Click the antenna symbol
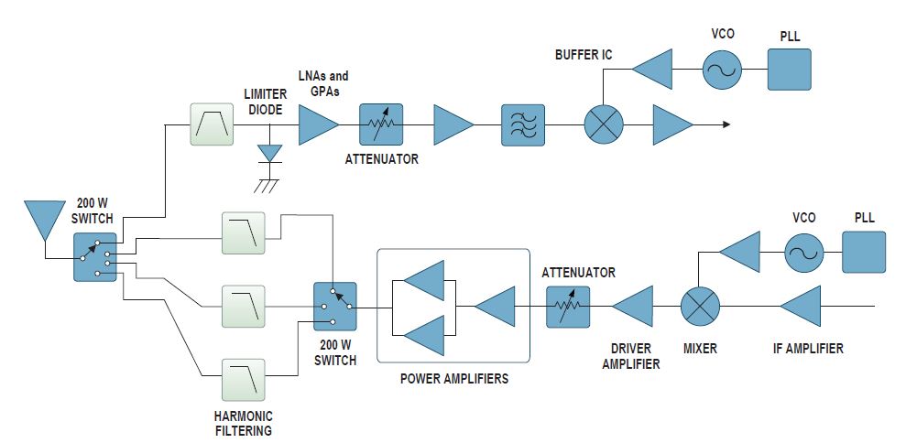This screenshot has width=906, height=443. coord(42,220)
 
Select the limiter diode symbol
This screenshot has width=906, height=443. coord(268,153)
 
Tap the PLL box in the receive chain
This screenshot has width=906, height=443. coord(789,69)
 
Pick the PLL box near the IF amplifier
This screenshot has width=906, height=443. coord(864,252)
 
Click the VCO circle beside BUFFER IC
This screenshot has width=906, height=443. coord(722,69)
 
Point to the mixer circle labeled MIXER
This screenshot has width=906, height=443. coord(701,307)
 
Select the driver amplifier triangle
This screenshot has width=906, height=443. coord(634,307)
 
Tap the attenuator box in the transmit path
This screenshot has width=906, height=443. coord(568,307)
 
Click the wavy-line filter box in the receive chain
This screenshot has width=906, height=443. coord(522,124)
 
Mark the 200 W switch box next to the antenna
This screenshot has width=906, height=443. coord(95,256)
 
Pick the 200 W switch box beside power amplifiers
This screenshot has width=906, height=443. coord(335,306)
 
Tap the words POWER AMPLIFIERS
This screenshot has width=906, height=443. coord(453,378)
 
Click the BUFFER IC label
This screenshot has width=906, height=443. coord(583,55)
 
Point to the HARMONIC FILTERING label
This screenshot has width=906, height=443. coord(243,423)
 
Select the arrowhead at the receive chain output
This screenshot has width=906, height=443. coord(726,124)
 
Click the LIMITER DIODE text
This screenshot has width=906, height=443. coord(265,101)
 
